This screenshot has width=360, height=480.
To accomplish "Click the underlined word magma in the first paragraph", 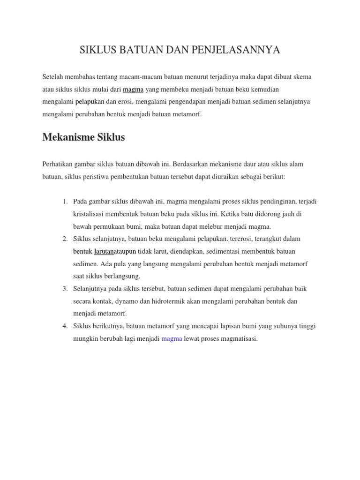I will tap(133, 89).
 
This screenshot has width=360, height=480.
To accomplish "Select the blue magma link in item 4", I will tap(172, 338).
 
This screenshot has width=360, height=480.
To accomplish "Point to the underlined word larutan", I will tap(105, 251).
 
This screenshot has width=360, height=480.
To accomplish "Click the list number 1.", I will tap(65, 201).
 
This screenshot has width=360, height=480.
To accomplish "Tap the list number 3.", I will tap(65, 288).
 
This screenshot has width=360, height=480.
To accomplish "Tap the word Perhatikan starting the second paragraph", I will tap(59, 164).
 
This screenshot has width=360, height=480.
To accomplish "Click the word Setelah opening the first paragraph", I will tap(53, 76).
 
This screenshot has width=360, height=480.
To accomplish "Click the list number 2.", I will tap(65, 239).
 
